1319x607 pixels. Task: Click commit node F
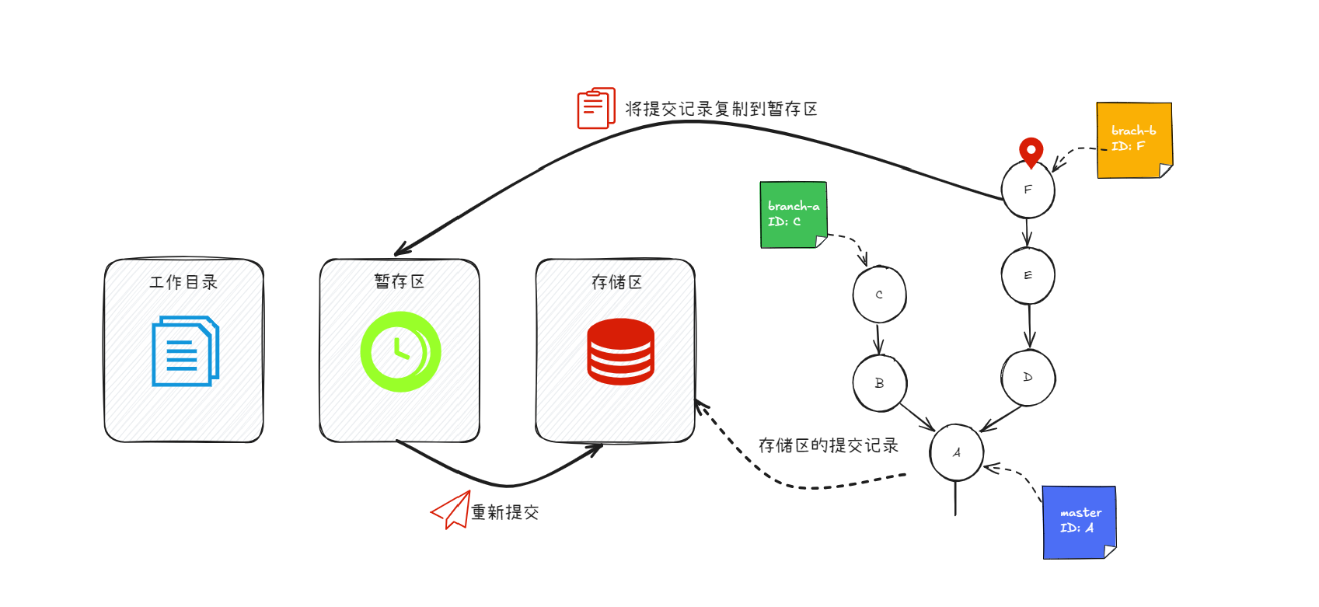pyautogui.click(x=1028, y=190)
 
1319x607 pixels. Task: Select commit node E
pyautogui.click(x=1028, y=276)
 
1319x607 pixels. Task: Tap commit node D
pyautogui.click(x=1028, y=378)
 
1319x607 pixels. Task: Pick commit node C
pyautogui.click(x=879, y=295)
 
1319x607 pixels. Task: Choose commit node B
pyautogui.click(x=879, y=383)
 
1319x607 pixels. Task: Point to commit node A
pyautogui.click(x=956, y=452)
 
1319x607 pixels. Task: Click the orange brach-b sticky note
pyautogui.click(x=1133, y=140)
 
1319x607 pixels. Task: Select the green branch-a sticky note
pyautogui.click(x=793, y=215)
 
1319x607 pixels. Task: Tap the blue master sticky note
pyautogui.click(x=1079, y=522)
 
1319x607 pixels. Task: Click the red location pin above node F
pyautogui.click(x=1031, y=152)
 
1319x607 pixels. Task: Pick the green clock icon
pyautogui.click(x=400, y=351)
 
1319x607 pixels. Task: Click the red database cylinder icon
pyautogui.click(x=620, y=351)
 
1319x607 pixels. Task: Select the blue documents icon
pyautogui.click(x=185, y=351)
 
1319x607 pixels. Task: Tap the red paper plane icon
pyautogui.click(x=452, y=510)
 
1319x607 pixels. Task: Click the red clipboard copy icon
pyautogui.click(x=596, y=108)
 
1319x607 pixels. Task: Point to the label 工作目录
pyautogui.click(x=183, y=282)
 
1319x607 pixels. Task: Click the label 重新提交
pyautogui.click(x=505, y=512)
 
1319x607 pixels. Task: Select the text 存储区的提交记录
pyautogui.click(x=828, y=445)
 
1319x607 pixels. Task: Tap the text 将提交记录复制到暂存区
pyautogui.click(x=721, y=109)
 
